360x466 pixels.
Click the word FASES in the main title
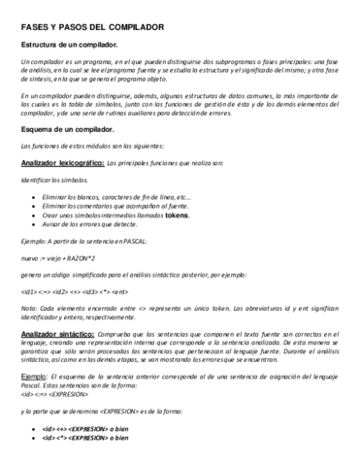36,25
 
